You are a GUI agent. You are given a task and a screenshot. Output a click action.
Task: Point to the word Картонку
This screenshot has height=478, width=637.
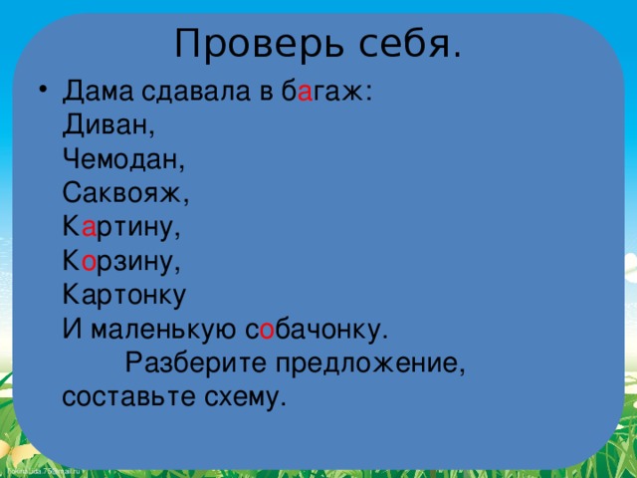pos(124,297)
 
